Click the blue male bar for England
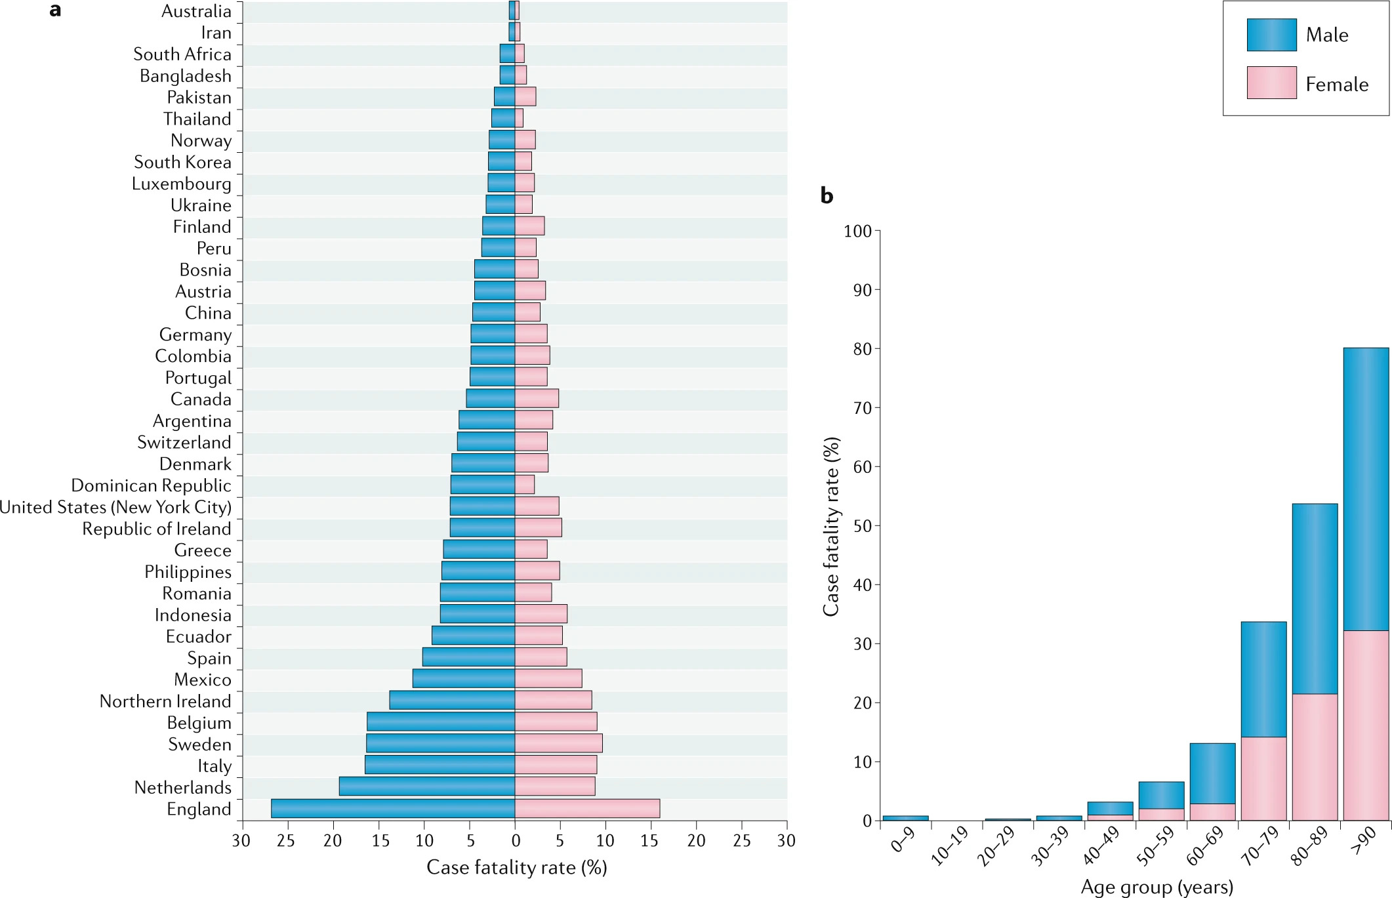[392, 808]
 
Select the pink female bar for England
[587, 808]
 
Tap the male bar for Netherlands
[426, 786]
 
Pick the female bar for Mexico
[548, 679]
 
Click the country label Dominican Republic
[151, 485]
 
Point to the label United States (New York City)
[115, 507]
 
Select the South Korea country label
[182, 162]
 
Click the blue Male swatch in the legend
[1271, 35]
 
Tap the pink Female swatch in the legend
[1271, 83]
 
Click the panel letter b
[827, 195]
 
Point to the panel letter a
[55, 10]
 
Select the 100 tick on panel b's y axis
[857, 231]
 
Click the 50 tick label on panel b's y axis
[862, 526]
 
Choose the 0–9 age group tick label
[903, 840]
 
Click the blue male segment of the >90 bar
[1366, 489]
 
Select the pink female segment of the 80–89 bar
[1315, 757]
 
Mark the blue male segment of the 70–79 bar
[1263, 679]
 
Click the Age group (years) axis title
[1157, 887]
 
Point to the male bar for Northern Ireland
[452, 700]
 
